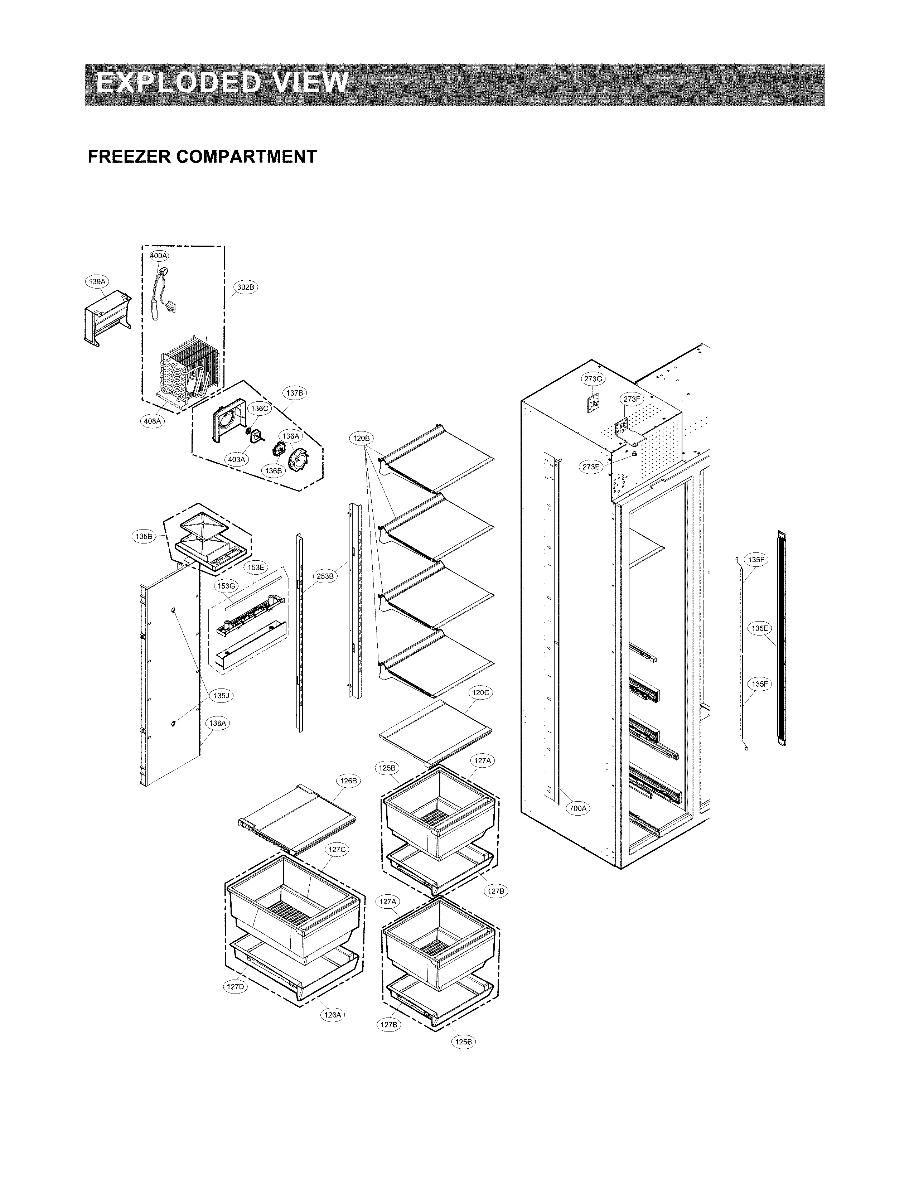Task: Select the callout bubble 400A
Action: tap(159, 255)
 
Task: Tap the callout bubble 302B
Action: tap(245, 287)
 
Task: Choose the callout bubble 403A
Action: tap(236, 459)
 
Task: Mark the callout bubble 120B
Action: tap(361, 438)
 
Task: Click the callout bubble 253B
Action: tap(325, 576)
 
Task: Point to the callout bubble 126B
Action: tap(348, 781)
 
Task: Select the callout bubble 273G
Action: tap(593, 379)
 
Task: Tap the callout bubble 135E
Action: tap(760, 628)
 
